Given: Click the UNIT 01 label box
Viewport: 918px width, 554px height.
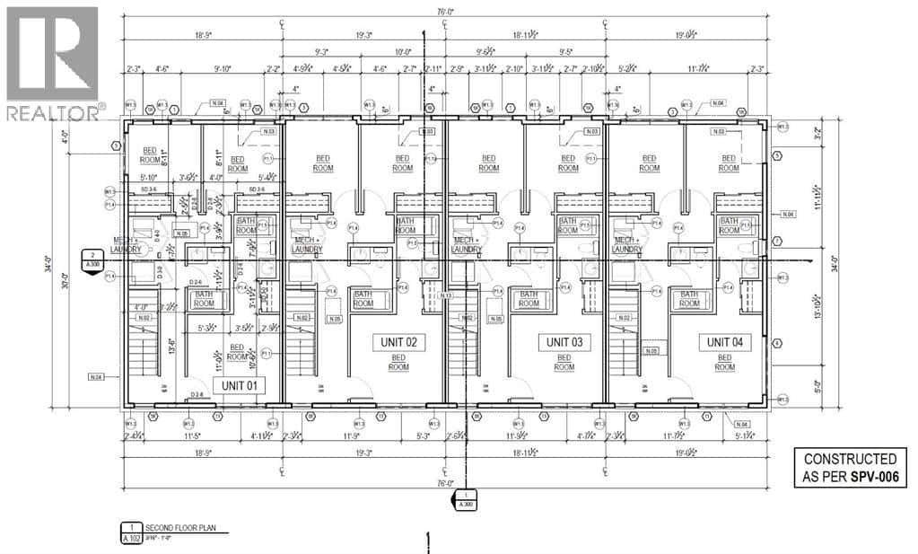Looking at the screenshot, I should click(x=240, y=384).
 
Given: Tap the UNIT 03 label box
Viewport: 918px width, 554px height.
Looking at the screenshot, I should click(x=559, y=342).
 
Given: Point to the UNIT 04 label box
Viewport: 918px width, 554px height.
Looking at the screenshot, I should click(x=724, y=342).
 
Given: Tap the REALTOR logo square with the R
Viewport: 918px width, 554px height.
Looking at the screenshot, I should click(x=52, y=54).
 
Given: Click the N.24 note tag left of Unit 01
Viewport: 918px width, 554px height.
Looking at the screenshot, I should click(x=97, y=376).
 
